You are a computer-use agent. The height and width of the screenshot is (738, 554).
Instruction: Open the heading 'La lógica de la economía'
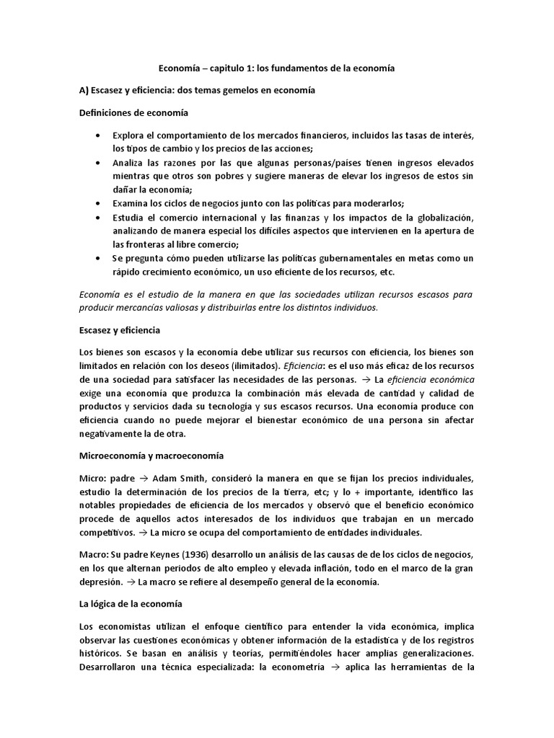pyautogui.click(x=130, y=604)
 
